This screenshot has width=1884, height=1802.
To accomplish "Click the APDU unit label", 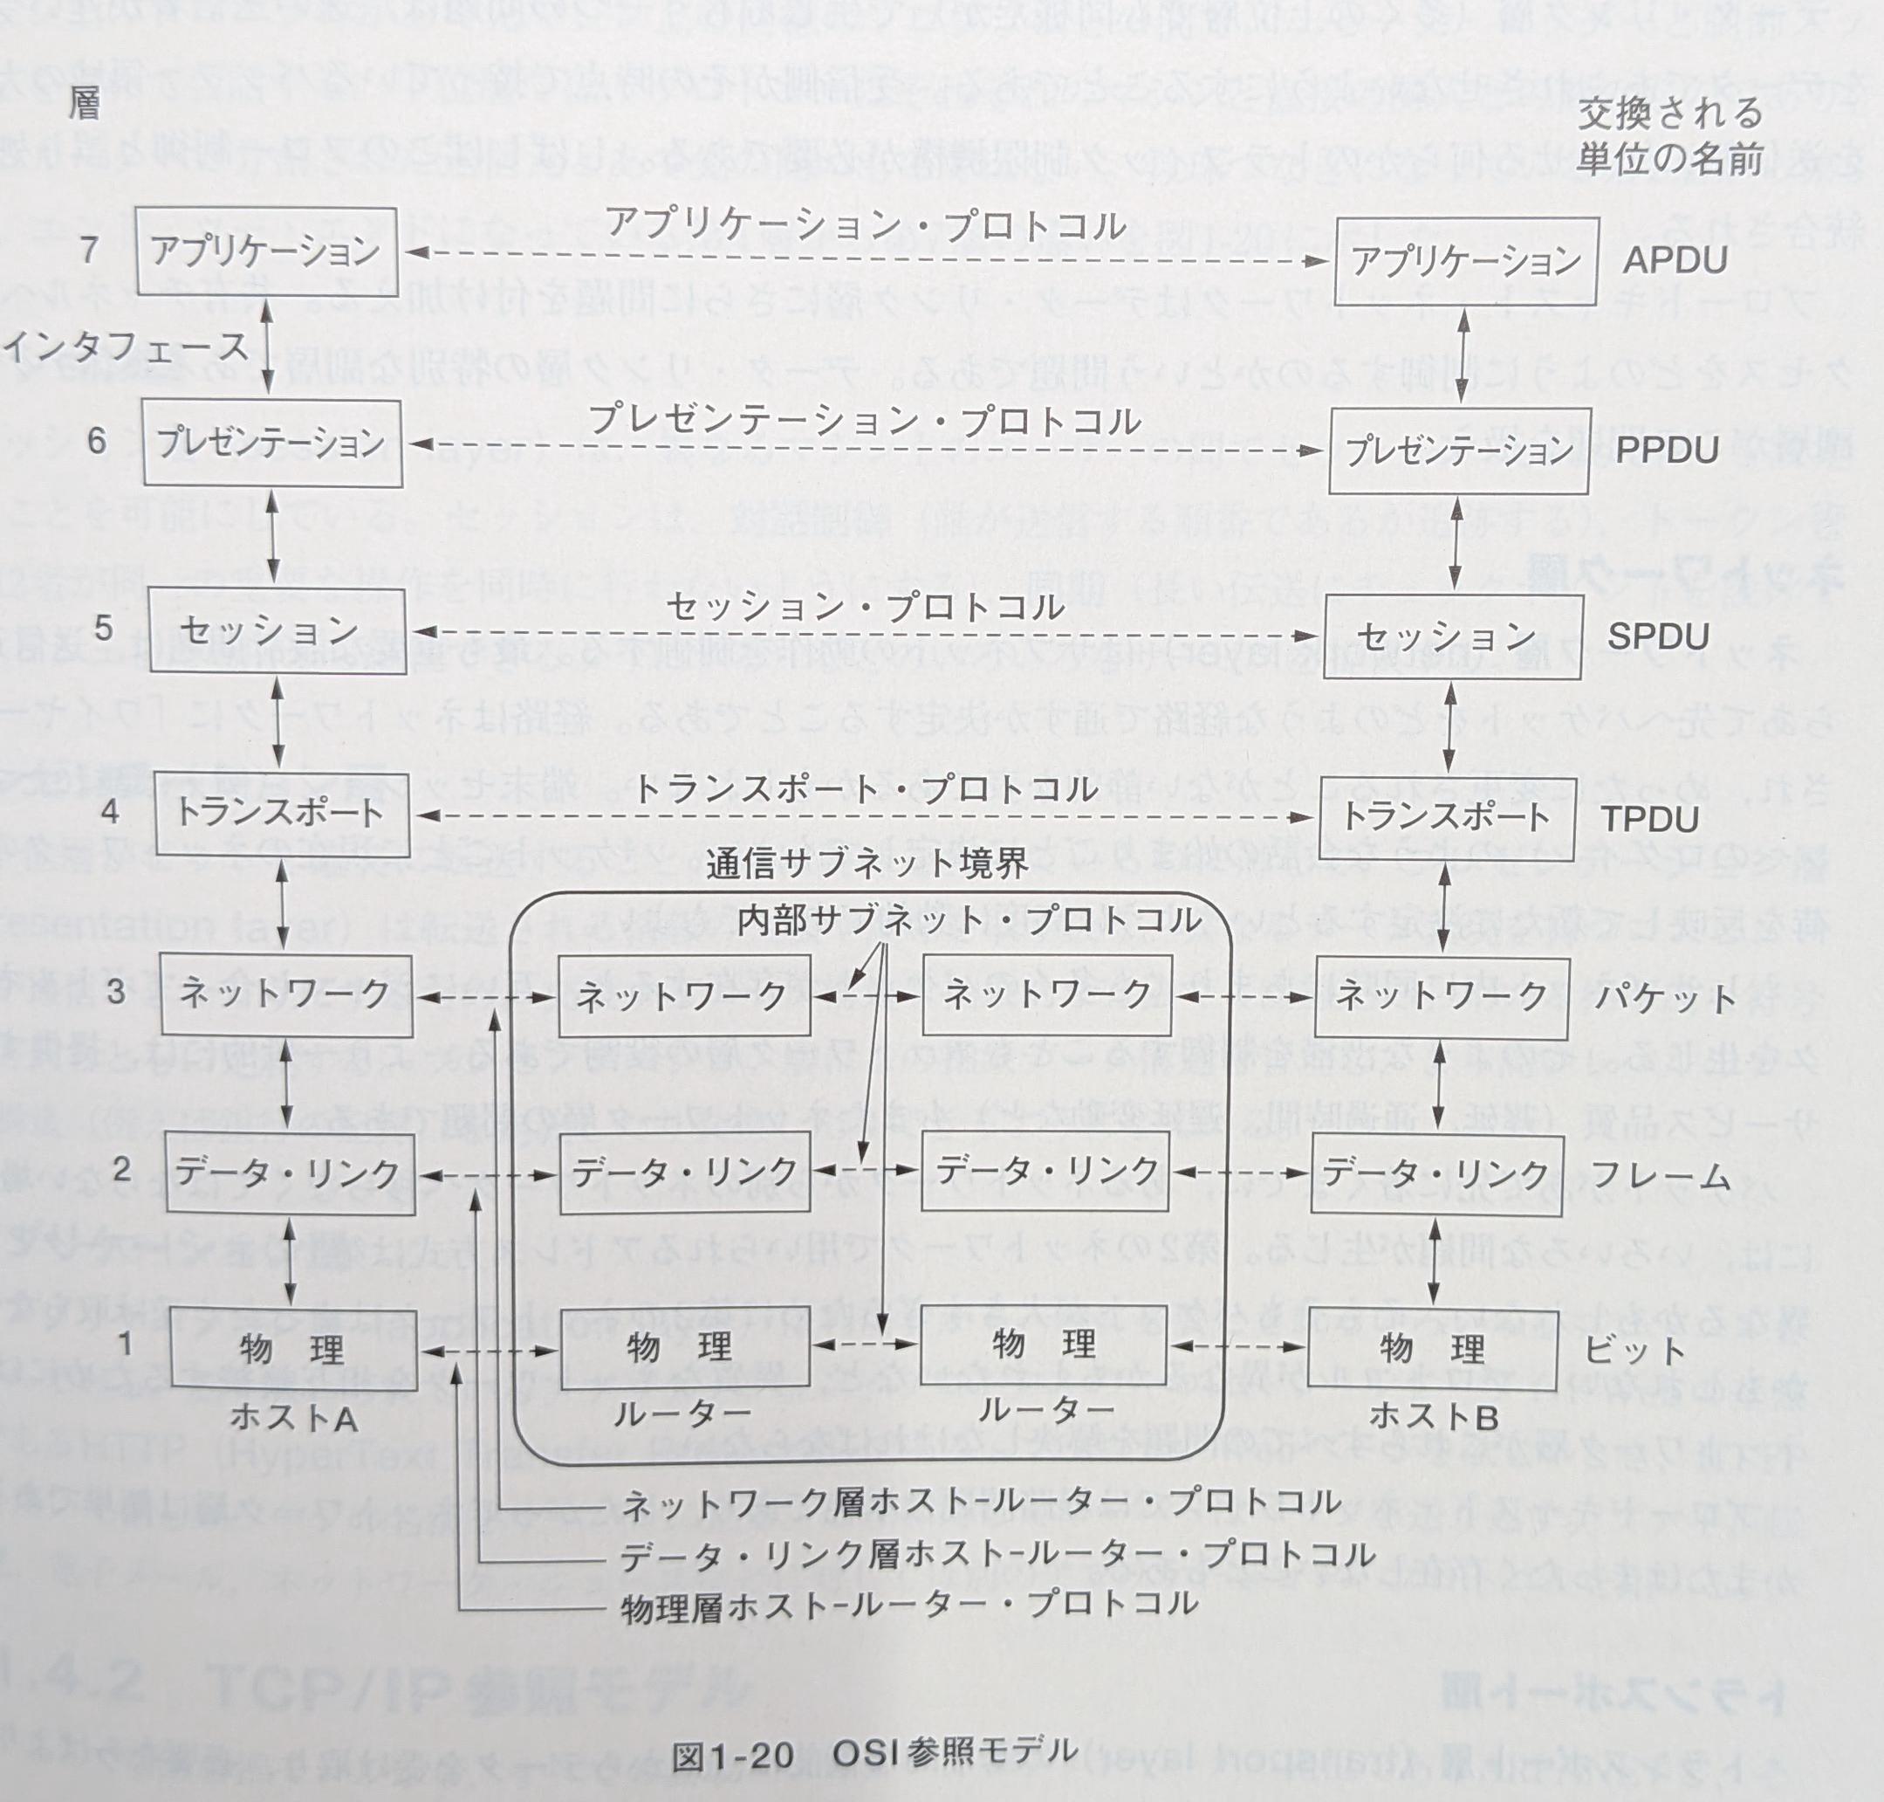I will [1675, 260].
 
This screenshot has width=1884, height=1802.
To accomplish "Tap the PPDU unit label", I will [1667, 450].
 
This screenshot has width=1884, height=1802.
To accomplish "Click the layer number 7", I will [89, 250].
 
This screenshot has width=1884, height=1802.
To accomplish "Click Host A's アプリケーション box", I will [266, 251].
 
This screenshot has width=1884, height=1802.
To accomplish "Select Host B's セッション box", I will [1452, 636].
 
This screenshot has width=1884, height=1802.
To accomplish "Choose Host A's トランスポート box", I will [280, 814].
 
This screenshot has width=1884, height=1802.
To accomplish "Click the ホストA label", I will [294, 1417].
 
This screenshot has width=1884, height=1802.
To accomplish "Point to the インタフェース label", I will [125, 345].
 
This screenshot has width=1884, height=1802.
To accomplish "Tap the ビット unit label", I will [1634, 1350].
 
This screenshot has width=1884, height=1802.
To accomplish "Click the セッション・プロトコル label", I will [865, 607].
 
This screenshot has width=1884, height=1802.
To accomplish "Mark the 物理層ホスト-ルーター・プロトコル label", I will [909, 1606].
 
